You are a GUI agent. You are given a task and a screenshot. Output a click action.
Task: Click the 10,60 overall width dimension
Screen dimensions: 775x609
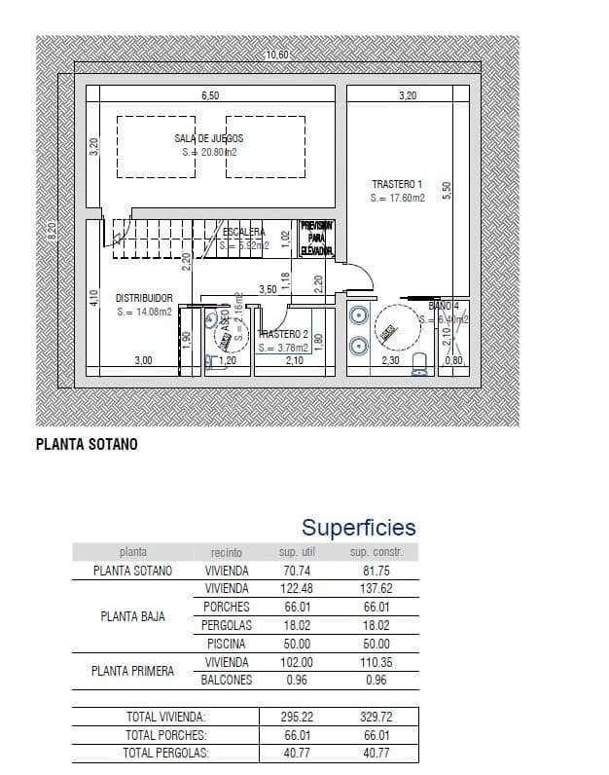pyautogui.click(x=277, y=55)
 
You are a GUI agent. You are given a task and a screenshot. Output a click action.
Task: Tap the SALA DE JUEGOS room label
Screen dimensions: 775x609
pyautogui.click(x=209, y=139)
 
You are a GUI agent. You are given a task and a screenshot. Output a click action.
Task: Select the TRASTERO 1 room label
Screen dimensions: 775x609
pyautogui.click(x=397, y=184)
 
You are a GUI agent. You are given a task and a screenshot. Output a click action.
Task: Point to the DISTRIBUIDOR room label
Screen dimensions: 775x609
pyautogui.click(x=144, y=298)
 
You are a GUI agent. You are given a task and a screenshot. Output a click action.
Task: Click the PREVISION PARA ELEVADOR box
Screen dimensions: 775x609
pyautogui.click(x=317, y=239)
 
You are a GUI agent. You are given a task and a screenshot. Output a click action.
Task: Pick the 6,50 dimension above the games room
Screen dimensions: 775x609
pyautogui.click(x=210, y=95)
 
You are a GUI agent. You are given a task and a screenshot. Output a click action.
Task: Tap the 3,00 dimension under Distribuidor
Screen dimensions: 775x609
pyautogui.click(x=143, y=360)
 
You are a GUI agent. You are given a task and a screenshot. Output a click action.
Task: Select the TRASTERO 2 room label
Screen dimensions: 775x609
pyautogui.click(x=284, y=334)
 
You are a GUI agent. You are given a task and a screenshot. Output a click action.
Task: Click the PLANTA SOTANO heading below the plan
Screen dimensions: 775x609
pyautogui.click(x=87, y=444)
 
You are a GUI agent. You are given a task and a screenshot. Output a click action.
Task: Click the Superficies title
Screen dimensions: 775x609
pyautogui.click(x=358, y=528)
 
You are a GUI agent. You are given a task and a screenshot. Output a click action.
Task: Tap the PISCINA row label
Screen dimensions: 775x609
pyautogui.click(x=226, y=644)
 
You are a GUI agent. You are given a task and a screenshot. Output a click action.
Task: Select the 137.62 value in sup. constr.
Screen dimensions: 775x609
pyautogui.click(x=370, y=589)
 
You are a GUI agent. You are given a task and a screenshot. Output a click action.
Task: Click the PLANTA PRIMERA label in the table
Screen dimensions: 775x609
pyautogui.click(x=132, y=671)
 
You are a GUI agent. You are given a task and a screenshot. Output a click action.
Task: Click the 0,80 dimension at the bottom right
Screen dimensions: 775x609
pyautogui.click(x=453, y=361)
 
